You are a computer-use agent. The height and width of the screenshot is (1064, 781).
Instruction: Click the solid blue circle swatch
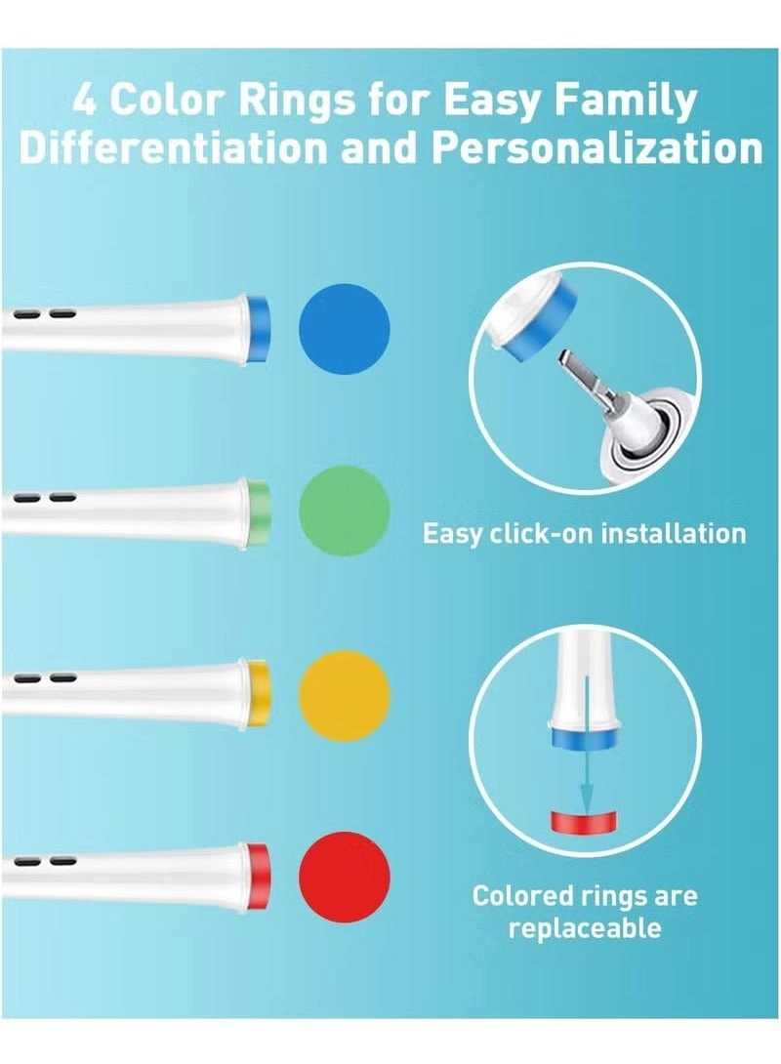pyautogui.click(x=345, y=328)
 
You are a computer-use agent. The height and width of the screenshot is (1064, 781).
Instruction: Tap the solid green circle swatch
pyautogui.click(x=345, y=511)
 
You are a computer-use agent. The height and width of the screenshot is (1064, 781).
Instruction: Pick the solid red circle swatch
pyautogui.click(x=345, y=876)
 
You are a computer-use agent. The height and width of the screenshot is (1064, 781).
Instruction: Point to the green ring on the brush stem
pyautogui.click(x=259, y=511)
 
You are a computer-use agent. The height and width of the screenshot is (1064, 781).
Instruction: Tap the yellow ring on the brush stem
pyautogui.click(x=259, y=693)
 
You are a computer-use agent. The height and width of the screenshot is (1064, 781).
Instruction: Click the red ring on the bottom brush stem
pyautogui.click(x=259, y=876)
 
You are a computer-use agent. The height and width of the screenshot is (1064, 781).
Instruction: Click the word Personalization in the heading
pyautogui.click(x=597, y=148)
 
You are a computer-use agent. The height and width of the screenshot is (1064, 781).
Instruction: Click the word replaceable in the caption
pyautogui.click(x=585, y=927)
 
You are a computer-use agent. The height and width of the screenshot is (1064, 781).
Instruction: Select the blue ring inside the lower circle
pyautogui.click(x=585, y=739)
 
